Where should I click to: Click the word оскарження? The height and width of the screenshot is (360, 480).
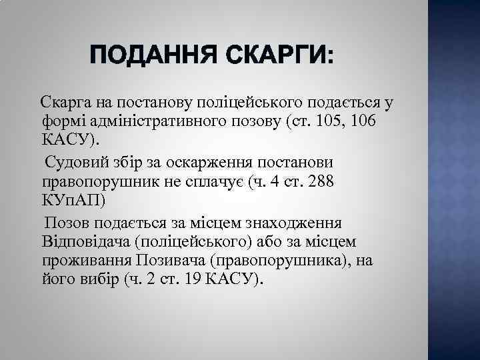217,163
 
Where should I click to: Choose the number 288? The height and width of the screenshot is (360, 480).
321,182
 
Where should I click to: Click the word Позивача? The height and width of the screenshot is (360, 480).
170,260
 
